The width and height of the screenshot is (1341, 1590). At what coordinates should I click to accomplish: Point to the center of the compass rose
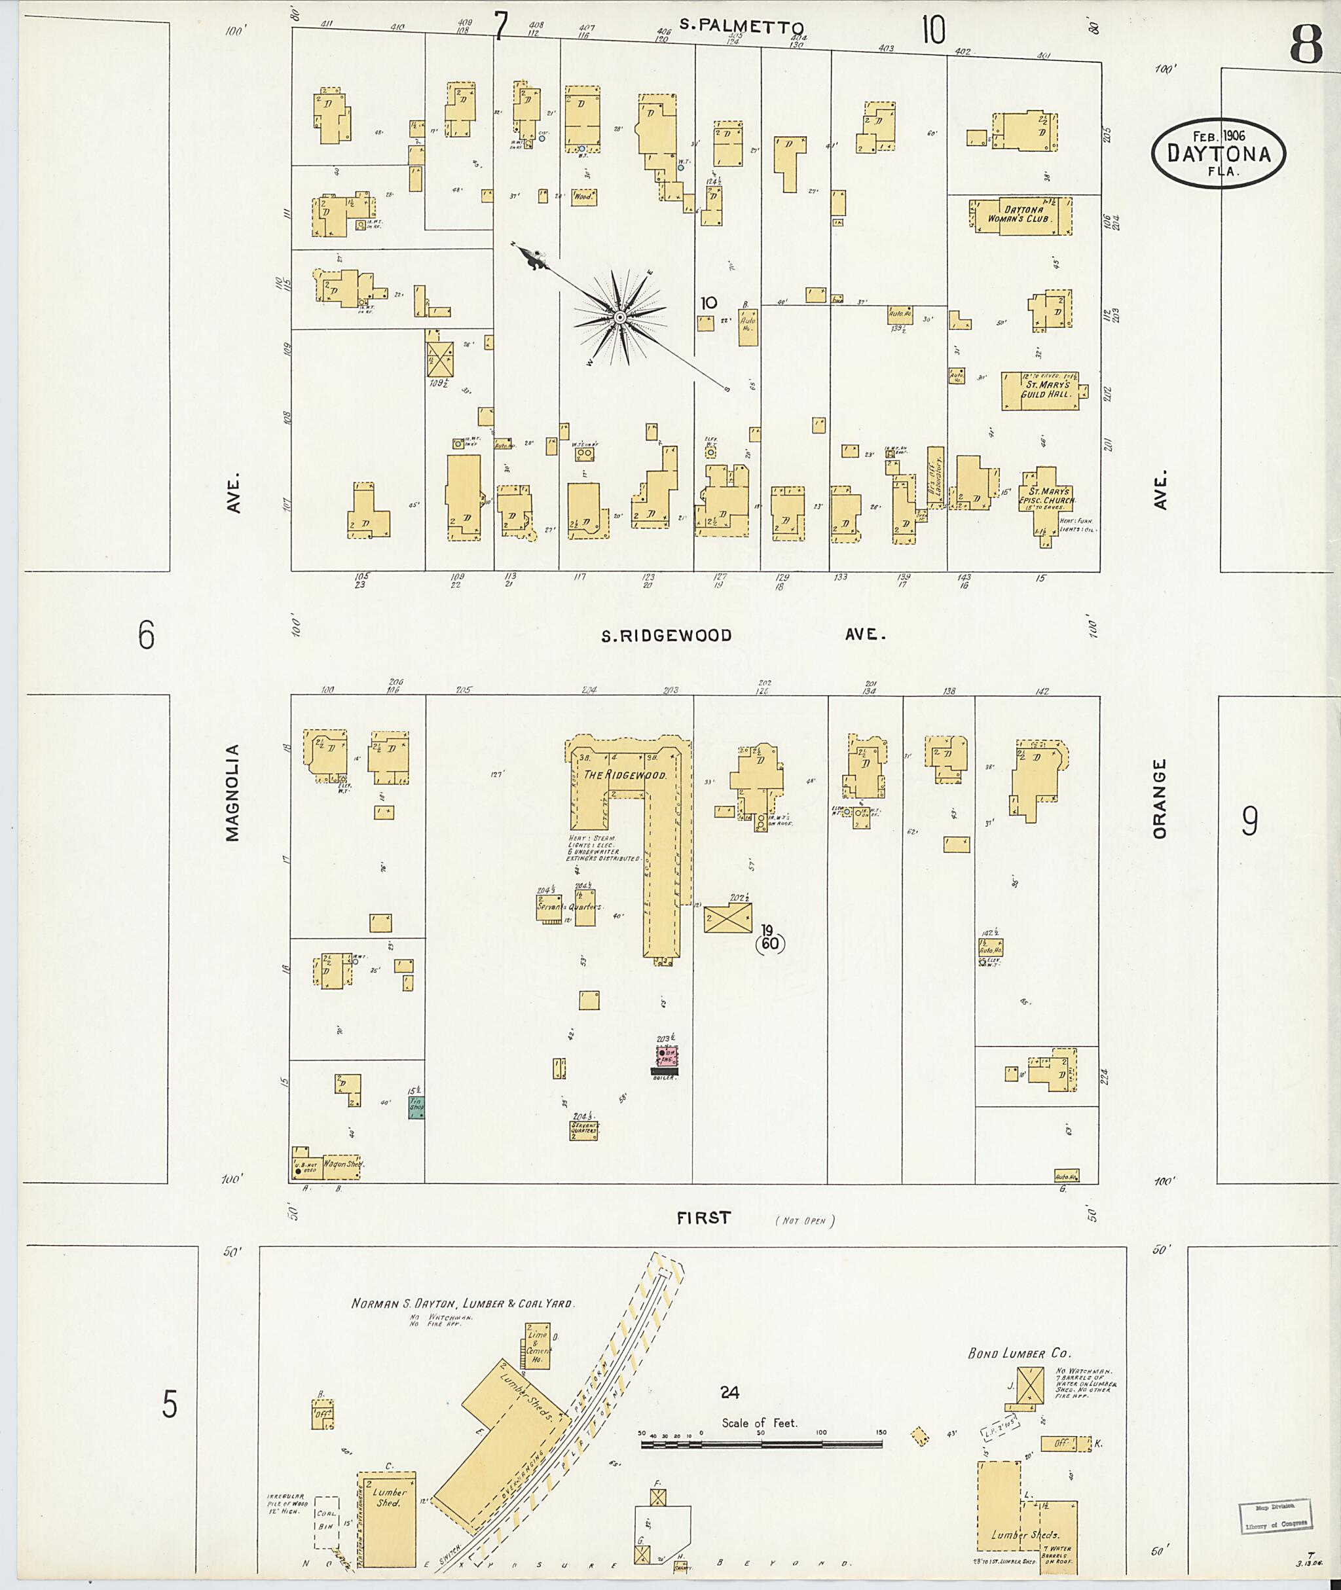(x=620, y=317)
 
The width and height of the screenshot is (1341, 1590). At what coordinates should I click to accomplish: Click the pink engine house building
(x=667, y=1056)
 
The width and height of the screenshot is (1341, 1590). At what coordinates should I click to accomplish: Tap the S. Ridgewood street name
(x=666, y=636)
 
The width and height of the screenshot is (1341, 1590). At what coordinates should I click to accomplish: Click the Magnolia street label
(x=232, y=792)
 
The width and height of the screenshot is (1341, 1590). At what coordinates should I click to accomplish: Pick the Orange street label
(x=1160, y=799)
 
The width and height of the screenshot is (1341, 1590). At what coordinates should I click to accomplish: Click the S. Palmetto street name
(x=741, y=26)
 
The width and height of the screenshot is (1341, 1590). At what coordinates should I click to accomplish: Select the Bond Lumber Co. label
(x=1019, y=1353)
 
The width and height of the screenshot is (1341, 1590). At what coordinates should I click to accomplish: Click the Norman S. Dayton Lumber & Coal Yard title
(x=462, y=1303)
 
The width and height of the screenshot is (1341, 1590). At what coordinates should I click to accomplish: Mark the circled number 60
(x=769, y=944)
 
